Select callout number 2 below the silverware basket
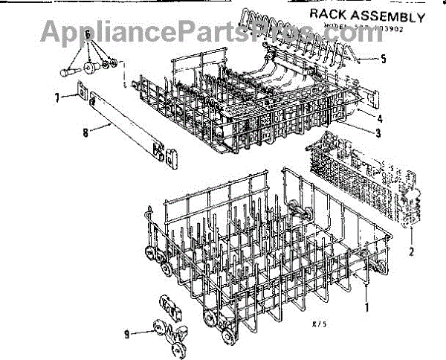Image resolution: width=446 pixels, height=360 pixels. click(410, 251)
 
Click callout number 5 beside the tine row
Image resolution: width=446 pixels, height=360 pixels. click(384, 60)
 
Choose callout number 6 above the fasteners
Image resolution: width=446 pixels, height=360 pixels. click(88, 34)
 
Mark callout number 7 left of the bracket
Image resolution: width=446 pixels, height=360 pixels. click(57, 97)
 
